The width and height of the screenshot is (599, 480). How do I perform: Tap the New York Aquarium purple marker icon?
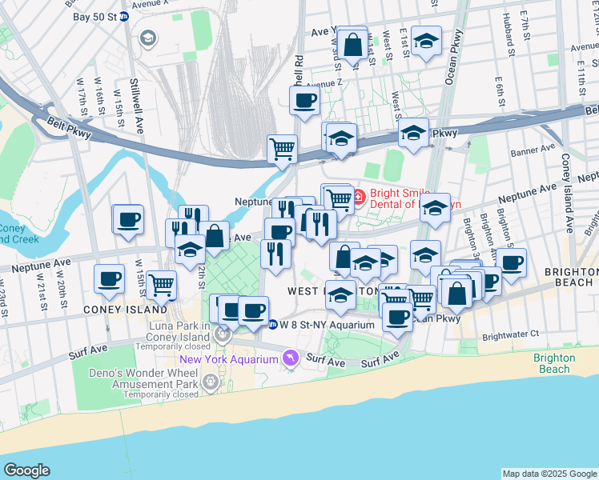pos(291,358)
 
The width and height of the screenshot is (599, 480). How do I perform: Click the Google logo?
pos(26,470)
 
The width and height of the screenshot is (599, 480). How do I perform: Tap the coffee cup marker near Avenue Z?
pos(304,101)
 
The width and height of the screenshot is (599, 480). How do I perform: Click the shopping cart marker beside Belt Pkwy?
pos(282,148)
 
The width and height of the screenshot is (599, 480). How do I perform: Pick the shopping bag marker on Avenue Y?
pos(352,44)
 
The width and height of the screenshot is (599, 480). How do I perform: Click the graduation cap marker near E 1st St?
pos(427,41)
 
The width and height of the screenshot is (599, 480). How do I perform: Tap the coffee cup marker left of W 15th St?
pos(128,220)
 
